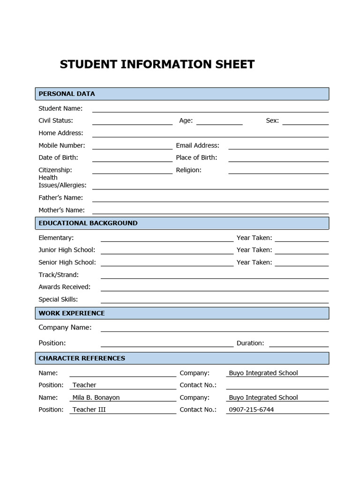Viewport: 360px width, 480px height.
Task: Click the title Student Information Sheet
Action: click(157, 65)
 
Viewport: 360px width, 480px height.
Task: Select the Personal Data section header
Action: click(67, 94)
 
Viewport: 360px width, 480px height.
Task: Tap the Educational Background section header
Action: click(88, 223)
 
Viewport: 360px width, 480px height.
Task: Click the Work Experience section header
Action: click(72, 313)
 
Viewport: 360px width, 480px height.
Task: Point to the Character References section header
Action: click(82, 358)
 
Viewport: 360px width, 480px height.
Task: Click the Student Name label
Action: click(60, 109)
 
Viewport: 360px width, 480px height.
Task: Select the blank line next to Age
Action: click(219, 121)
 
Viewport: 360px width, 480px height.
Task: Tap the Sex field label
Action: click(272, 121)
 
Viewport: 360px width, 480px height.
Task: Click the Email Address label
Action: click(197, 146)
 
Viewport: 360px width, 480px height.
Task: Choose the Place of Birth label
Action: click(196, 158)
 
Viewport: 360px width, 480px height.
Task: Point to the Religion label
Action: click(188, 170)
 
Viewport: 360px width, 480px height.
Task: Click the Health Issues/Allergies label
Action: click(62, 181)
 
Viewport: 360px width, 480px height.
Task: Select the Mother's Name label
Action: click(61, 210)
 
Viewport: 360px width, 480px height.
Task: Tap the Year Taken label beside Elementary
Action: click(254, 238)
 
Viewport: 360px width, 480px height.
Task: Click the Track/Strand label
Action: click(59, 275)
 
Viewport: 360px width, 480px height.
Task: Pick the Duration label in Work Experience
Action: click(250, 343)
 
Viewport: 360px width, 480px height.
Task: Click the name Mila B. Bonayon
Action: click(96, 397)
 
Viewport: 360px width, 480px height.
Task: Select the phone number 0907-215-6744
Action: click(251, 410)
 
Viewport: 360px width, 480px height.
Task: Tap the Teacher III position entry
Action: click(89, 410)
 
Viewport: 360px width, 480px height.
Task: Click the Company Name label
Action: click(65, 328)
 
